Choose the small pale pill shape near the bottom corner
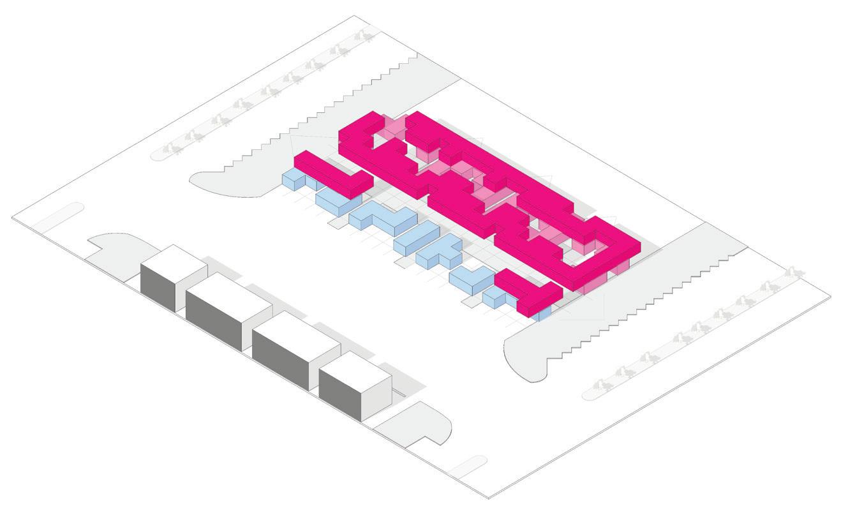(466, 468)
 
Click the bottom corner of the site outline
(489, 497)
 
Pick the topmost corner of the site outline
(353, 16)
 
